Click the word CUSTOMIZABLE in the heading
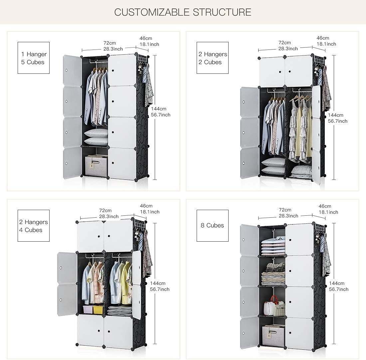pos(152,12)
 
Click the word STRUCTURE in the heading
pos(222,12)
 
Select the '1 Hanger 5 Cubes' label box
pos(34,58)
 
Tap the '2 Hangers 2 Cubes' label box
pos(212,58)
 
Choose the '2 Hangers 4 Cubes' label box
pos(34,226)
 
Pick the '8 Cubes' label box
pos(212,226)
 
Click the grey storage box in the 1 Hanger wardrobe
pos(96,166)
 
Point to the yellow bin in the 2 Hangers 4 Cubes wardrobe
pos(98,309)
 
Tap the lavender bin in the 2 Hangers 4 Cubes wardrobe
pos(88,309)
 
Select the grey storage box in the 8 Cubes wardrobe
pos(273,336)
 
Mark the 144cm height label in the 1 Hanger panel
pos(158,109)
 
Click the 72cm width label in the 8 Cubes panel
pos(285,210)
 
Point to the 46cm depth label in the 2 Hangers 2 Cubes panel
pos(323,38)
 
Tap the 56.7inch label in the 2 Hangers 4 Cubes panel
pos(160,289)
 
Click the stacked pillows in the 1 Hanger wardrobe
pos(96,137)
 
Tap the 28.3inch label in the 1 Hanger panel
pos(113,49)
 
